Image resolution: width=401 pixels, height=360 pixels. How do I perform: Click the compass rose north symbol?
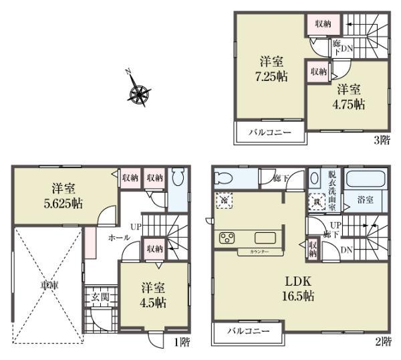(x=139, y=93)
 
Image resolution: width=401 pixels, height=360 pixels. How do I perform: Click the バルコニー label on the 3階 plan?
(x=269, y=132)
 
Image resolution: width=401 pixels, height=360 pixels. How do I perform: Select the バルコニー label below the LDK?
(x=247, y=333)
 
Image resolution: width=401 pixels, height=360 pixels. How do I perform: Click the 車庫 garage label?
(x=46, y=285)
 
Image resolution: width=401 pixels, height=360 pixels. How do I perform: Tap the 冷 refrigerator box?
(x=222, y=199)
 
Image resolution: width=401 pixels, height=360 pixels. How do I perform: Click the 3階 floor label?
(x=381, y=140)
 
